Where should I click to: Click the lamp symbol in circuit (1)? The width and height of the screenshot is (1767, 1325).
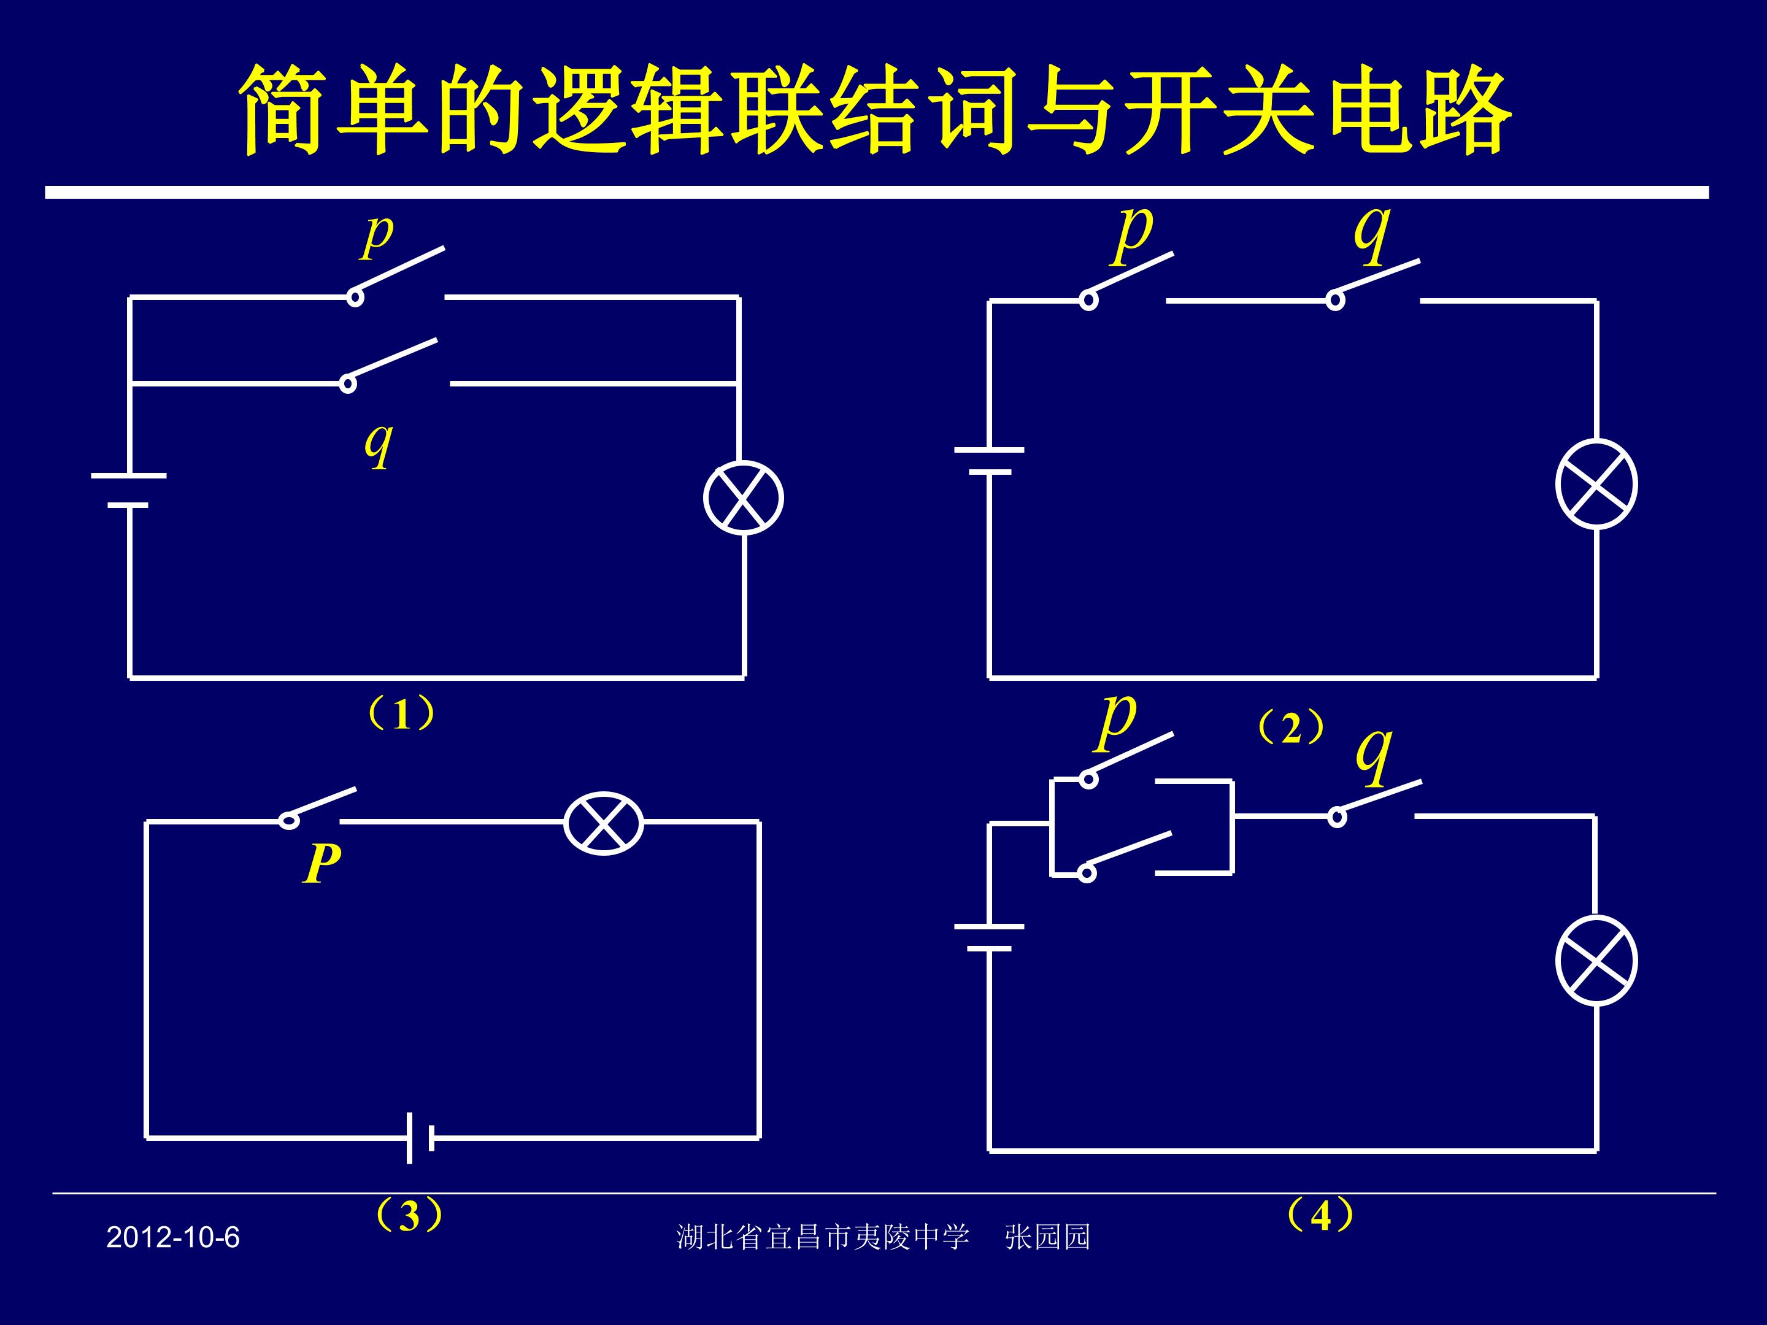pos(743,497)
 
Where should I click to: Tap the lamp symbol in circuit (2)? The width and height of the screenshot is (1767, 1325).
pos(1596,484)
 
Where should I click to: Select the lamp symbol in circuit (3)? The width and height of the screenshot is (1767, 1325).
pos(603,823)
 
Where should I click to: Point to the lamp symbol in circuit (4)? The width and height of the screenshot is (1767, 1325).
pos(1596,960)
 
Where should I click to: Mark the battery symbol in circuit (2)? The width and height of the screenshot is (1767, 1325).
pos(989,461)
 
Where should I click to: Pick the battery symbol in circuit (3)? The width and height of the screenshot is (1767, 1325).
pos(420,1137)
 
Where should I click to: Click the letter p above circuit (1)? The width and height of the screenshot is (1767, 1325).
pos(377,236)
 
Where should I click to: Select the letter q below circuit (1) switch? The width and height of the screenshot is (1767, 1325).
pos(379,444)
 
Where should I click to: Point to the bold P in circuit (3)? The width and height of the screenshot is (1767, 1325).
pos(322,863)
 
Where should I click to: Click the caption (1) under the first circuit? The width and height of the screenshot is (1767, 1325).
pos(401,713)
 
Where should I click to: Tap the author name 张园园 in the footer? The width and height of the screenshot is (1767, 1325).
pos(1047,1237)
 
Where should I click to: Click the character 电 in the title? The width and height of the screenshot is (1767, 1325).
pos(1363,111)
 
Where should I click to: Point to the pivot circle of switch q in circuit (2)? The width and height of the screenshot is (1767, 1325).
pos(1335,301)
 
